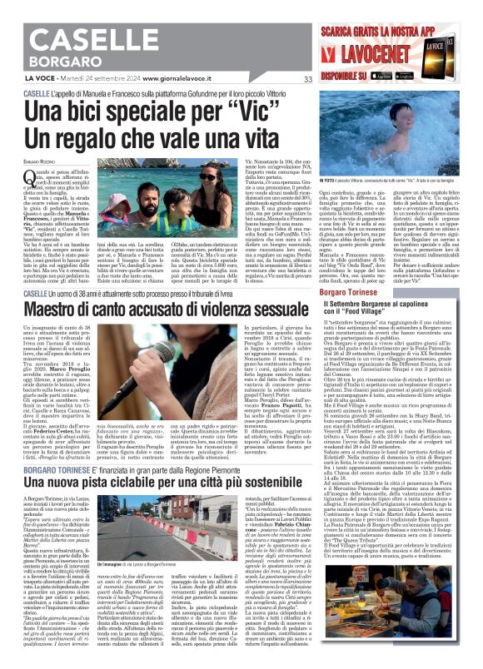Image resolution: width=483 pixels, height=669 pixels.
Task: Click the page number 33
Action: (308, 80)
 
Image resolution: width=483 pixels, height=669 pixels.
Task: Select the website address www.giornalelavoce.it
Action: (179, 80)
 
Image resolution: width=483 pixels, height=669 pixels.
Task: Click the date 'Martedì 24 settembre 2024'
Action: (104, 80)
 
